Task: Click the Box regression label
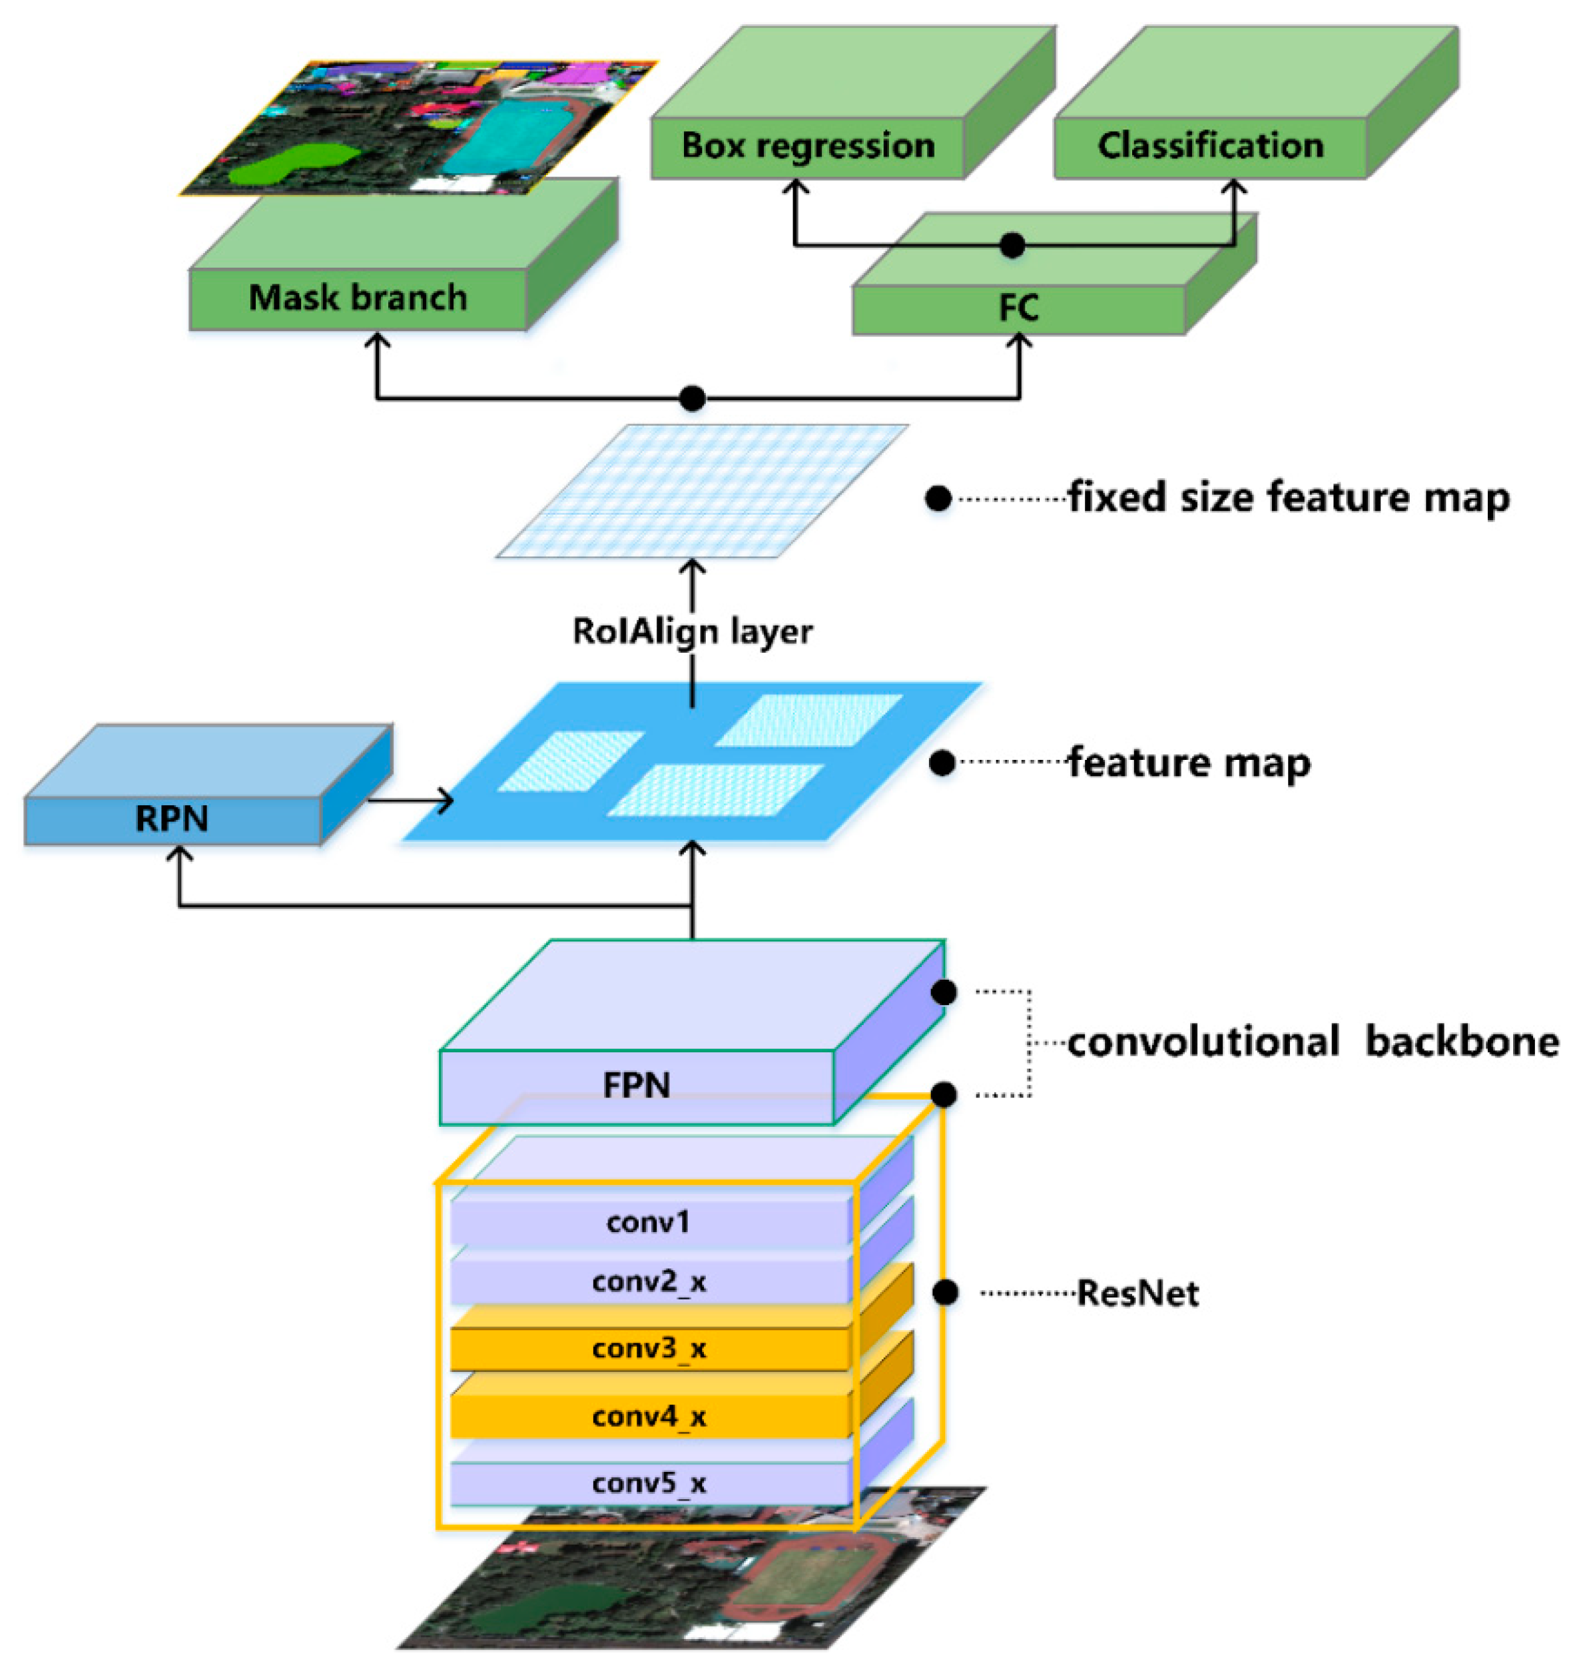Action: click(x=807, y=146)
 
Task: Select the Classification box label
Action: click(x=1210, y=146)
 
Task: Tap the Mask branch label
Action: click(x=357, y=298)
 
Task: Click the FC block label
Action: click(x=1018, y=308)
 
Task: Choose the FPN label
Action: click(x=637, y=1085)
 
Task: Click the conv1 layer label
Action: click(x=648, y=1221)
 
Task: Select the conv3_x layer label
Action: click(x=648, y=1349)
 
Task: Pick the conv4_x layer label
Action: click(x=648, y=1417)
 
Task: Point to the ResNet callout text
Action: click(x=1137, y=1293)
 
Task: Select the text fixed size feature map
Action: click(x=1289, y=497)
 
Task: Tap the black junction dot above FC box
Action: click(x=1012, y=245)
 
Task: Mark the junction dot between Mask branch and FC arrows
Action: click(x=692, y=398)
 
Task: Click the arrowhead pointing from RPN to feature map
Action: click(x=445, y=801)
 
